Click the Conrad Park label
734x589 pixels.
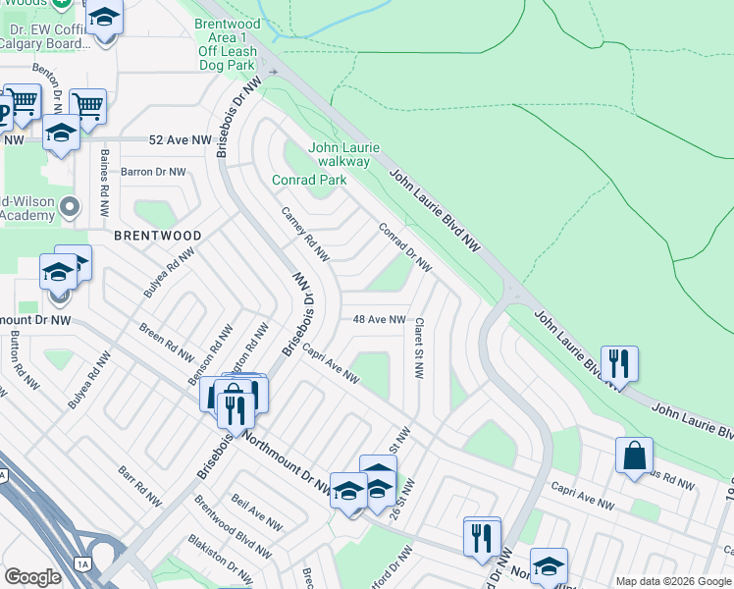click(x=309, y=181)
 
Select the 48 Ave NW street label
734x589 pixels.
click(x=379, y=320)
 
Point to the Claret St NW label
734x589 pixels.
click(x=419, y=348)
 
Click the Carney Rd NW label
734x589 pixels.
click(x=305, y=235)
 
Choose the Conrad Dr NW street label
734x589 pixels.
click(x=405, y=247)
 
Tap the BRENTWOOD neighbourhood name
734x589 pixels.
click(x=158, y=237)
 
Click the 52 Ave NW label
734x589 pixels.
click(x=181, y=141)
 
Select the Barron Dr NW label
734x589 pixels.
click(x=153, y=172)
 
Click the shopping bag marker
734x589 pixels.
click(x=634, y=456)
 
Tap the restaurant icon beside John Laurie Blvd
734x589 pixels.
click(x=619, y=364)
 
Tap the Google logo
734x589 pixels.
click(x=32, y=577)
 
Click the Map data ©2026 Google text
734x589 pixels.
click(x=674, y=581)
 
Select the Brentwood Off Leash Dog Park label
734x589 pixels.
click(x=227, y=44)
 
